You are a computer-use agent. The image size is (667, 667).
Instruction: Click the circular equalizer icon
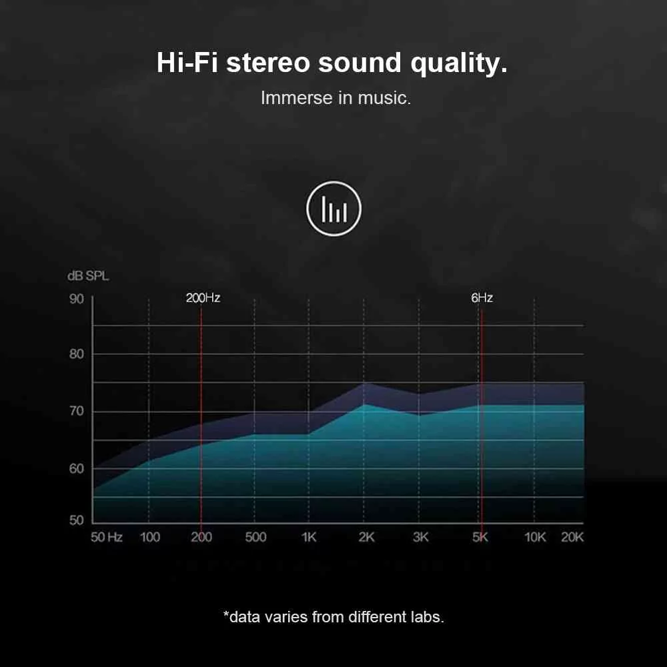[333, 208]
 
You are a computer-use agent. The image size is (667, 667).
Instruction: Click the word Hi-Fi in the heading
[187, 63]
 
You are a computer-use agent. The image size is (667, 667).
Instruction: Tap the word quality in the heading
[459, 64]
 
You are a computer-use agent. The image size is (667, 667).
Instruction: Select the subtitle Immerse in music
[336, 98]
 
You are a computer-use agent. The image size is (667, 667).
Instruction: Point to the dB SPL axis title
[88, 276]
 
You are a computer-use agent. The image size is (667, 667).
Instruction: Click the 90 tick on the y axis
[77, 299]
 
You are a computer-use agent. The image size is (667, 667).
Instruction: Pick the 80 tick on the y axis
[77, 354]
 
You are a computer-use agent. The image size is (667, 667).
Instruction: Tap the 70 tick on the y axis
[77, 412]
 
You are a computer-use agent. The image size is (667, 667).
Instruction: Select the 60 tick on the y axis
[77, 469]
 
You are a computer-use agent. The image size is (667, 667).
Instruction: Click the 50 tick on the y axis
[77, 520]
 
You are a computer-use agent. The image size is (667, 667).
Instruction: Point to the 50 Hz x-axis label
[106, 537]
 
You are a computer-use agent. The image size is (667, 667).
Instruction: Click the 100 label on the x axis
[149, 537]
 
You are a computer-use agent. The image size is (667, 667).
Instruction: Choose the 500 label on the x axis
[255, 537]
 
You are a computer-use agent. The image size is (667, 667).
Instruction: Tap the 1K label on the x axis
[309, 537]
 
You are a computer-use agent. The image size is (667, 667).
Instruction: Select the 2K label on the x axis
[366, 537]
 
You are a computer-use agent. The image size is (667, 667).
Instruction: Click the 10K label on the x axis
[535, 537]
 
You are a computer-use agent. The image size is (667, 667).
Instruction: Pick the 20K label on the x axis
[572, 537]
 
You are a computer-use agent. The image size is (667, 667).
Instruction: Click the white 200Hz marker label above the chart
[203, 297]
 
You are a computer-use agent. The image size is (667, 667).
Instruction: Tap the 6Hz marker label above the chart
[482, 297]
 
